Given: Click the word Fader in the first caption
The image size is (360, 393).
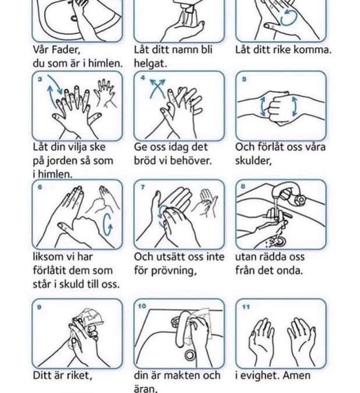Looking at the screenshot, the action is [66, 50].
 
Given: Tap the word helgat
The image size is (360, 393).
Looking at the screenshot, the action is [150, 63].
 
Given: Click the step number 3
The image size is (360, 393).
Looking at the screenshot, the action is [40, 79].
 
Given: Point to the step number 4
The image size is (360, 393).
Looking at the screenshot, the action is [143, 78].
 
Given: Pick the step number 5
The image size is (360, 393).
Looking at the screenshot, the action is [244, 79].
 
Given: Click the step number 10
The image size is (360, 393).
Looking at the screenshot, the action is [142, 306].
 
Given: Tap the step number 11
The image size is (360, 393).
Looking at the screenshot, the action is [246, 307].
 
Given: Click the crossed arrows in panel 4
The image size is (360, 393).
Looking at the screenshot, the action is [157, 88].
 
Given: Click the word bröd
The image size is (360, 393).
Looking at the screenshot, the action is [145, 161].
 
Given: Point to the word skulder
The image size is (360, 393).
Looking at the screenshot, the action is [253, 161].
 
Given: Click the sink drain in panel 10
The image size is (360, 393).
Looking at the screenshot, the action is [190, 355].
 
